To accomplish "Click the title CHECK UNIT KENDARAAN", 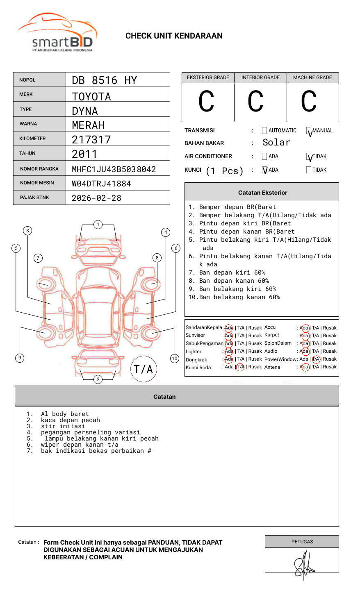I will pyautogui.click(x=174, y=36).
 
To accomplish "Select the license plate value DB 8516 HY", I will pyautogui.click(x=105, y=80).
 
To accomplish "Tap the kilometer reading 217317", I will pyautogui.click(x=91, y=140).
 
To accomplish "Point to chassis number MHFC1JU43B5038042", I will pyautogui.click(x=114, y=169).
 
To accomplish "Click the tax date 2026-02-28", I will pyautogui.click(x=97, y=198).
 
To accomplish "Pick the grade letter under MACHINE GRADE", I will pyautogui.click(x=309, y=102).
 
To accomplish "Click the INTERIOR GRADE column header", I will pyautogui.click(x=260, y=77).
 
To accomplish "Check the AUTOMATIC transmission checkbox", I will pyautogui.click(x=264, y=131).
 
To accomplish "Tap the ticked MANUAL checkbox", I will pyautogui.click(x=309, y=131).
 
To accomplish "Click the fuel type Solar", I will pyautogui.click(x=276, y=143).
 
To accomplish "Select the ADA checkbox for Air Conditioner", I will pyautogui.click(x=264, y=157).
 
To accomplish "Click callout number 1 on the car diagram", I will pyautogui.click(x=98, y=225).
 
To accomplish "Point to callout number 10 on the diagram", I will pyautogui.click(x=175, y=359).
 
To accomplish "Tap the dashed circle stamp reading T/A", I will pyautogui.click(x=144, y=369).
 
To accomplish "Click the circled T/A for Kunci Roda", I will pyautogui.click(x=240, y=367).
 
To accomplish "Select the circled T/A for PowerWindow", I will pyautogui.click(x=316, y=359).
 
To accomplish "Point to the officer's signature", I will pyautogui.click(x=304, y=564).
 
